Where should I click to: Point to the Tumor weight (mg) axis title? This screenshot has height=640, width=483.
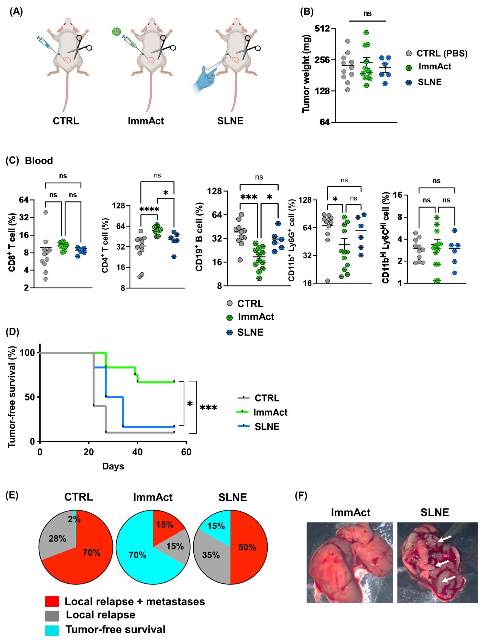(x=306, y=74)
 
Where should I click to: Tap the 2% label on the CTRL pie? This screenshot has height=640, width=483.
(x=74, y=519)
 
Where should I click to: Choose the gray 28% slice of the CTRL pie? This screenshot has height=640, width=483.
(x=56, y=538)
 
